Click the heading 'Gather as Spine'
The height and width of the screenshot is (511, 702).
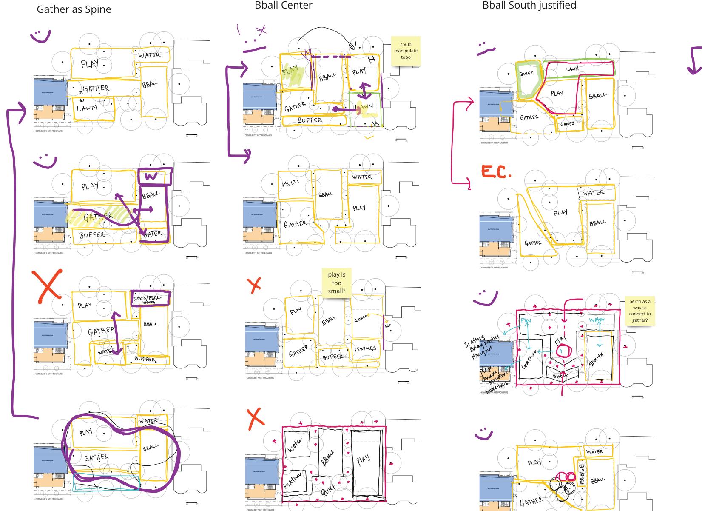[x=74, y=9]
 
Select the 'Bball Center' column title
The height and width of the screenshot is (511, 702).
[x=283, y=5]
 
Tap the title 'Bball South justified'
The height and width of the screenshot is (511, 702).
[x=529, y=5]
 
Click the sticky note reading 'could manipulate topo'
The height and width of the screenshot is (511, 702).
[x=406, y=51]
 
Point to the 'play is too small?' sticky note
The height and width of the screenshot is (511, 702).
[x=336, y=283]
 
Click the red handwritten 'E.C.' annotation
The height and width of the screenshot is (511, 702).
[x=495, y=172]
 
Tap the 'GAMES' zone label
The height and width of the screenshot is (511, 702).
[x=567, y=124]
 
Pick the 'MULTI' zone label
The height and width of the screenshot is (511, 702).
[x=290, y=183]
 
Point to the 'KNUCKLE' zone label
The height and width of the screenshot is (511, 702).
[x=582, y=473]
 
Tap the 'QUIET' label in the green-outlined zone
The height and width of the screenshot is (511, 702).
[x=526, y=74]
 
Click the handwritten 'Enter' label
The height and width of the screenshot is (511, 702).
[x=560, y=376]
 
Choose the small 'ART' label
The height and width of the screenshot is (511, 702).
[x=387, y=326]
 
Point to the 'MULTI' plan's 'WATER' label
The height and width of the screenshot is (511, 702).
[x=362, y=177]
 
